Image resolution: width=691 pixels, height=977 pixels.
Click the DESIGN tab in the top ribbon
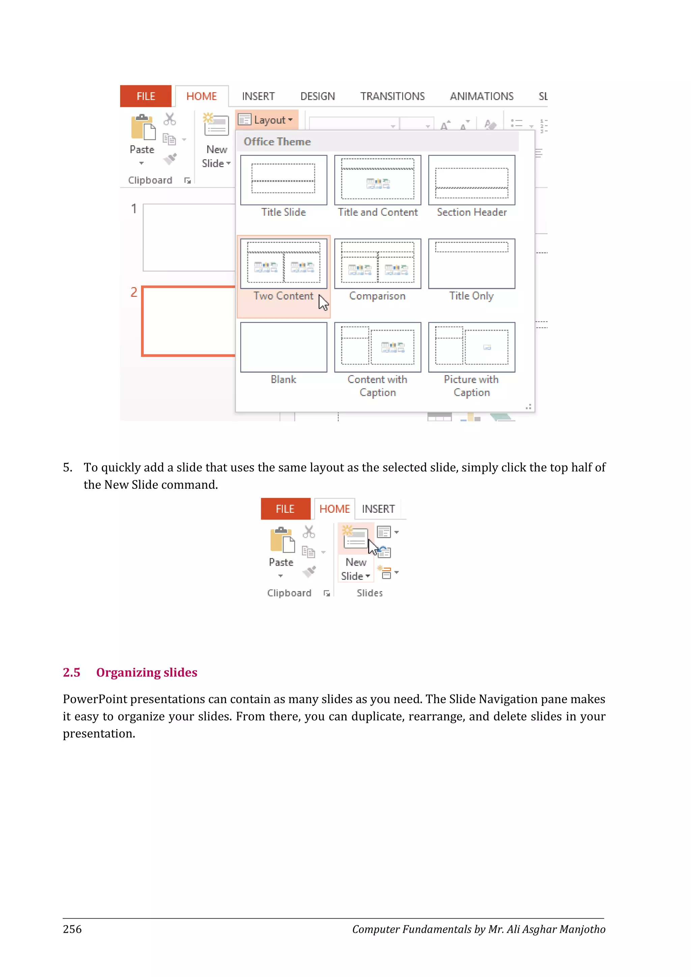(x=317, y=96)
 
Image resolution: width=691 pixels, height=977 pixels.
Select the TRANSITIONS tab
(x=392, y=96)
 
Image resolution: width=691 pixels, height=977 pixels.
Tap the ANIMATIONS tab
(x=482, y=96)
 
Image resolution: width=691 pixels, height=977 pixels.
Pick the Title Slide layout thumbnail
(x=283, y=180)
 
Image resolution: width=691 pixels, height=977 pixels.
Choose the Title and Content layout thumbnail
(x=378, y=180)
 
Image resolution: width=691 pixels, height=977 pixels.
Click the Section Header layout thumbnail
(x=471, y=180)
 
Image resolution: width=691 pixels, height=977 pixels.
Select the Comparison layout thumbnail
(x=378, y=263)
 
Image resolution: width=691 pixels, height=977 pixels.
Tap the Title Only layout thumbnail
(x=471, y=263)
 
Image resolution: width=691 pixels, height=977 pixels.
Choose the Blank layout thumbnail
(x=283, y=347)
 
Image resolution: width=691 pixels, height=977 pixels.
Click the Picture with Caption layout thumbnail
(x=471, y=347)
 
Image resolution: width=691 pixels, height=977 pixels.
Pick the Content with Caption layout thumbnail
(x=378, y=347)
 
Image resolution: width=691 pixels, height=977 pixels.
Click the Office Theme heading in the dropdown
(x=277, y=142)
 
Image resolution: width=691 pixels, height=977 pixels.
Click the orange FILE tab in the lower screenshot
(x=285, y=509)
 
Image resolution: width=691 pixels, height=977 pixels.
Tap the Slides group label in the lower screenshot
(x=369, y=593)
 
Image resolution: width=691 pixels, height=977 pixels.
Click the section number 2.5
(x=72, y=672)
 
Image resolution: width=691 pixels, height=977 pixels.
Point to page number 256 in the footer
(x=72, y=929)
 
